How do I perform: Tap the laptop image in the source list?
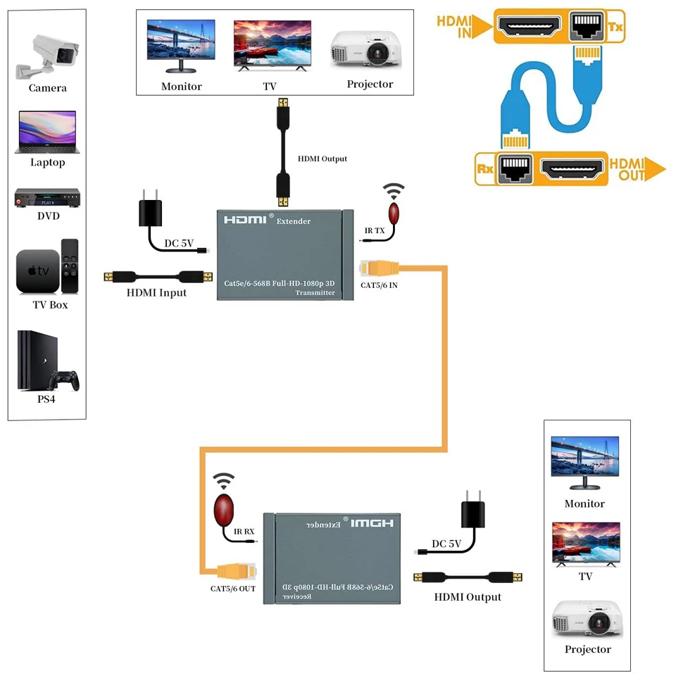click(47, 132)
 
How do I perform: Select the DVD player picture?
click(47, 198)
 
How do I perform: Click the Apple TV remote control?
click(70, 266)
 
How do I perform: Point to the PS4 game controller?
click(64, 380)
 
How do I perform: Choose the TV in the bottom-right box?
click(586, 544)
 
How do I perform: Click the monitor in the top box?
click(181, 46)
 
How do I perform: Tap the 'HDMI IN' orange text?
click(454, 27)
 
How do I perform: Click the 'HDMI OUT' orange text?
click(632, 169)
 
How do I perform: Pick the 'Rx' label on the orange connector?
click(485, 169)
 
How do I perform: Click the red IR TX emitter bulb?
click(394, 213)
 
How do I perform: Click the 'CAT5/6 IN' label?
click(379, 285)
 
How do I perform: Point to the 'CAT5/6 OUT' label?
click(232, 588)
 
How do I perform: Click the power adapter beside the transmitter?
click(150, 211)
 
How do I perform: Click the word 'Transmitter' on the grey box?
click(315, 293)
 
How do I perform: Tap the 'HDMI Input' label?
click(156, 293)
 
